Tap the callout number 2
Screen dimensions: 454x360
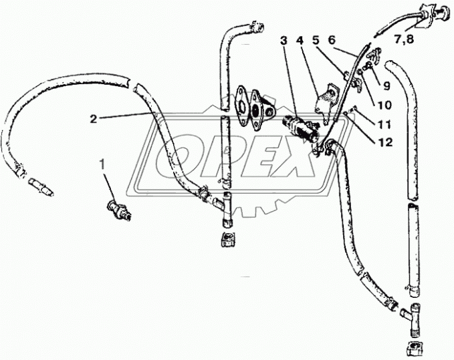click(x=93, y=119)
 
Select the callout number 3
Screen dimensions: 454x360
click(x=283, y=41)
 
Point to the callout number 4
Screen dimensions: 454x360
click(x=300, y=41)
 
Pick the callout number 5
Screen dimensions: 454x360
click(x=315, y=41)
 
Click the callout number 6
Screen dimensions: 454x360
click(x=332, y=41)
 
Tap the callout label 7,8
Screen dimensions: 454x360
click(x=405, y=39)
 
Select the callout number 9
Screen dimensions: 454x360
click(x=386, y=85)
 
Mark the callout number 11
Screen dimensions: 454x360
click(x=384, y=124)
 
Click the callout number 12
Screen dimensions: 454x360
click(x=385, y=142)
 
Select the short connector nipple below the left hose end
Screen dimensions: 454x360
click(x=41, y=187)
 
